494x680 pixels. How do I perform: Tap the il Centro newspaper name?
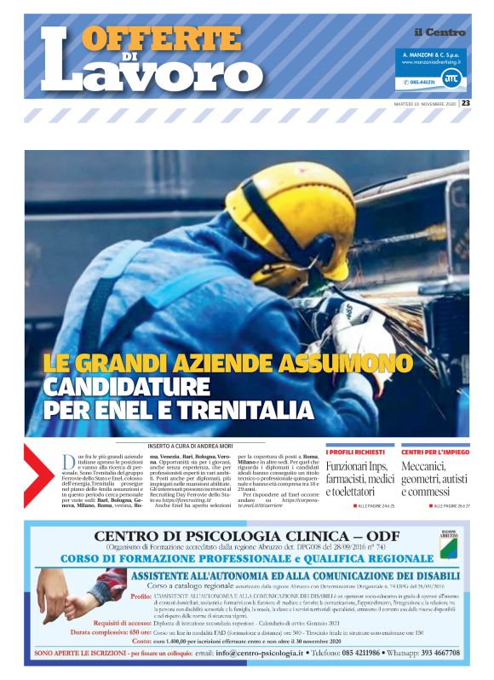pos(439,32)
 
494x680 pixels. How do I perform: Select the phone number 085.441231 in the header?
pos(422,82)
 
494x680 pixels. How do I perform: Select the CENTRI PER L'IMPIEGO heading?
pos(434,452)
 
